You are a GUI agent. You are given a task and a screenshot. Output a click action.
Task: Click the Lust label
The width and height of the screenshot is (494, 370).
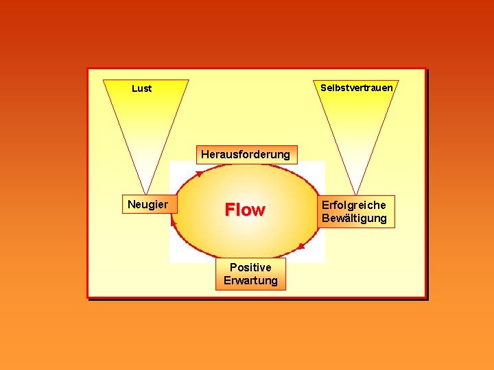[141, 88]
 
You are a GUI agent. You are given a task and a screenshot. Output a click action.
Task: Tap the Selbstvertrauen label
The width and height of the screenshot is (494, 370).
[356, 88]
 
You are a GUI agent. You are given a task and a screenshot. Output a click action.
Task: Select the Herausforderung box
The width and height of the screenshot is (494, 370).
[245, 154]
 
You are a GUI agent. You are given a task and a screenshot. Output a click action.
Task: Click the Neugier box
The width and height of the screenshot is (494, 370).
[148, 204]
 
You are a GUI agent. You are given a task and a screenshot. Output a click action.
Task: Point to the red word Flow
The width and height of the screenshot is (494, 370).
[245, 210]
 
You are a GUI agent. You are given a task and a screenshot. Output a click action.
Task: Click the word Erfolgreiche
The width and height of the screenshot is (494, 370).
[353, 205]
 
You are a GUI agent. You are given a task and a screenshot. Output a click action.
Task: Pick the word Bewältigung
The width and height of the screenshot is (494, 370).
[354, 219]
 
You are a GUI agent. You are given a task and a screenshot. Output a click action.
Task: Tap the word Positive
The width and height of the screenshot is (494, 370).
[250, 267]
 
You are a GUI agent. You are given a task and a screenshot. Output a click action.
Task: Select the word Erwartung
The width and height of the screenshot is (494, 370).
[250, 280]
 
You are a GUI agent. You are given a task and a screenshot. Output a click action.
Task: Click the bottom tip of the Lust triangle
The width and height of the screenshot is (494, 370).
[146, 194]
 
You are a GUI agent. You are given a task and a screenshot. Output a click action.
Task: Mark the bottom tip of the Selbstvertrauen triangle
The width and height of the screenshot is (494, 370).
[356, 194]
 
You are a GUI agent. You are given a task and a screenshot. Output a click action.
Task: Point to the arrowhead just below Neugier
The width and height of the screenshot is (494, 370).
[174, 220]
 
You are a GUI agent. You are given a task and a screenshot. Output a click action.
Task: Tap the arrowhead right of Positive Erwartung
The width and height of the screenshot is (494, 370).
[301, 245]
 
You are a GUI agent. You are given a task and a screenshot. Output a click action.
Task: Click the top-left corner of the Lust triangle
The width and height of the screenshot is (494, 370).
[103, 80]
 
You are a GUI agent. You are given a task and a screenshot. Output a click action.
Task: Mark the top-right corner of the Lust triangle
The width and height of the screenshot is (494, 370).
[189, 80]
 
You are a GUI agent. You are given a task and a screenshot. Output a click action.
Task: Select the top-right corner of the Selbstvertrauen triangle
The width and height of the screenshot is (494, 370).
[398, 80]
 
